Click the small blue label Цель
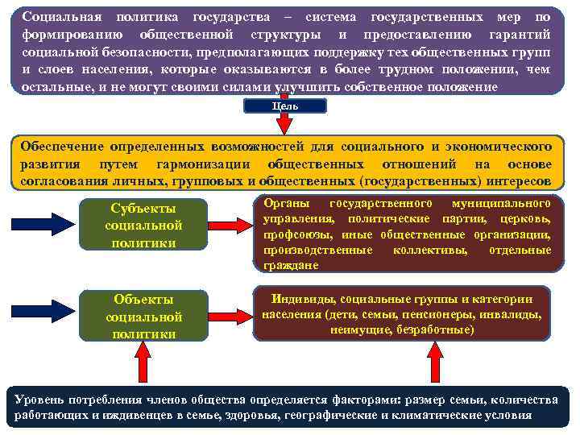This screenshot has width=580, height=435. tap(285, 106)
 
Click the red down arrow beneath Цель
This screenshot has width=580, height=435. tap(285, 123)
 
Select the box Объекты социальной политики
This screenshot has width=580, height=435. tap(144, 316)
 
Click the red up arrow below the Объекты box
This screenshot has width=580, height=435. tap(143, 361)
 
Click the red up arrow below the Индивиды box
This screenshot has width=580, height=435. tap(436, 361)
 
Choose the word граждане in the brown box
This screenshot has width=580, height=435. tap(285, 265)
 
